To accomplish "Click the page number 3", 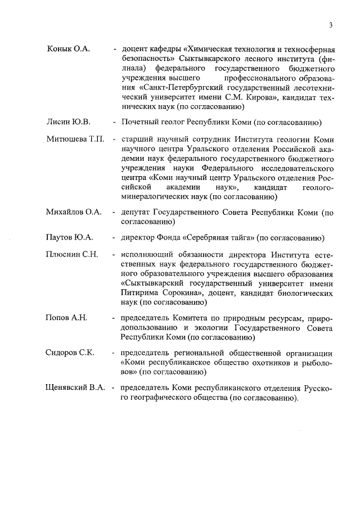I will [331, 25].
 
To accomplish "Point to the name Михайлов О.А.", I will [73, 212].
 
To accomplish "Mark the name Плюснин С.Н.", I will [71, 255].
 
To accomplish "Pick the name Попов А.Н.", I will [66, 318].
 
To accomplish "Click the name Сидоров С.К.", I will [70, 353].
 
